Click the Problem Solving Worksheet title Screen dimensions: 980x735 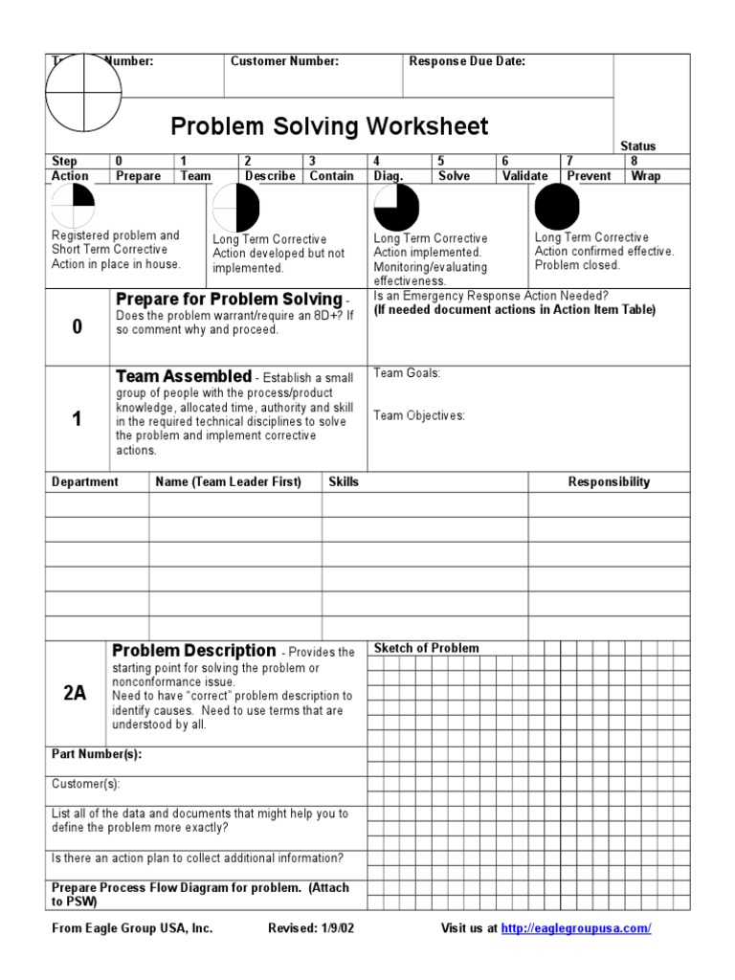coord(329,126)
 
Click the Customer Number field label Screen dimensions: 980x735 coord(284,61)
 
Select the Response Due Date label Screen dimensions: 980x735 coord(467,61)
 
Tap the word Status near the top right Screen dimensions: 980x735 coord(638,146)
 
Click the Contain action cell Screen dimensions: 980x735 coord(331,176)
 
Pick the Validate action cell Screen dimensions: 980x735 coord(525,176)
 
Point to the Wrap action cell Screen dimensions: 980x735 coord(646,176)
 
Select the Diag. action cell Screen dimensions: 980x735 coord(388,176)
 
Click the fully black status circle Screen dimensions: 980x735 coord(557,206)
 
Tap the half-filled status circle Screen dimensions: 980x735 coord(236,208)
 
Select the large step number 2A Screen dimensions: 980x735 coord(76,694)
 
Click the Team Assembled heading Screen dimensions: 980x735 coord(183,376)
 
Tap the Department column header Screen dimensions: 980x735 coord(84,482)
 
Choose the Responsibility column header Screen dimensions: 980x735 coord(609,482)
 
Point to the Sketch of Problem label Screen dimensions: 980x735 coord(426,648)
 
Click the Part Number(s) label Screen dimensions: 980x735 coord(96,754)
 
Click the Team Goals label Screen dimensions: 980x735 coord(407,373)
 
